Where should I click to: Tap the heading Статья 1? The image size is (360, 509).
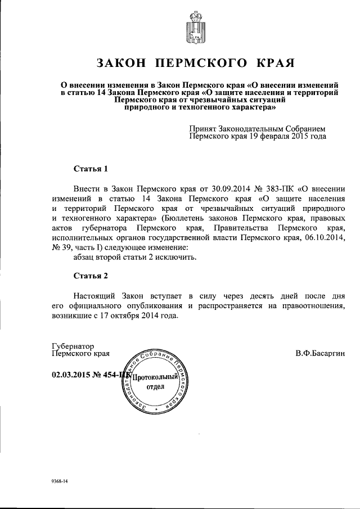[x=90, y=168]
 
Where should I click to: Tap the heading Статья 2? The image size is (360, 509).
[x=90, y=276]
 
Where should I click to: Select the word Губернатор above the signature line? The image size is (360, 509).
[x=73, y=346]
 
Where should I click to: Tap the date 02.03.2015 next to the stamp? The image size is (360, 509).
[x=70, y=375]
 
